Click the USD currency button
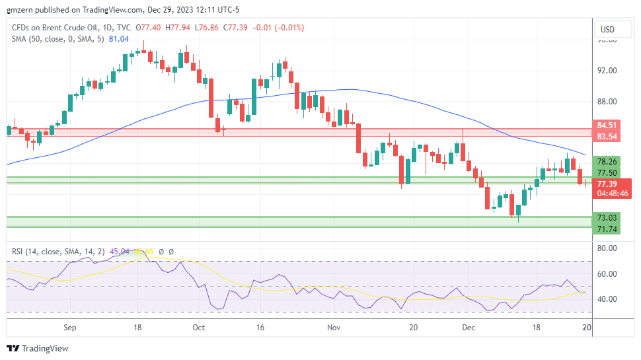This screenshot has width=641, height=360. tap(607, 29)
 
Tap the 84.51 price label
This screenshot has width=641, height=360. tap(607, 126)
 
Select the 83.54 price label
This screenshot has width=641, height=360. tap(607, 137)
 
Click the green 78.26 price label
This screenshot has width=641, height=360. tap(607, 162)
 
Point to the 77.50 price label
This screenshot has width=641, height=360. tap(607, 173)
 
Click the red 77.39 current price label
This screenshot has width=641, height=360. tap(607, 184)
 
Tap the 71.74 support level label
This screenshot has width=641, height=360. tap(607, 229)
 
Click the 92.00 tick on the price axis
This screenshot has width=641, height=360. tap(607, 71)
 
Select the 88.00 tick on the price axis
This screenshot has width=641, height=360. tap(607, 102)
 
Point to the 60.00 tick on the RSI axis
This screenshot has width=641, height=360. tap(607, 273)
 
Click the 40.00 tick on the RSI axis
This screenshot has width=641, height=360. tap(607, 299)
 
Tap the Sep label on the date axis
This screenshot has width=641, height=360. tap(71, 327)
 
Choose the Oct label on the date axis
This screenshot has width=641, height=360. tap(199, 327)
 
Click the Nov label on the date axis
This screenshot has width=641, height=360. tap(334, 327)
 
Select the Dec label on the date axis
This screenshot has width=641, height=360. tap(468, 327)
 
